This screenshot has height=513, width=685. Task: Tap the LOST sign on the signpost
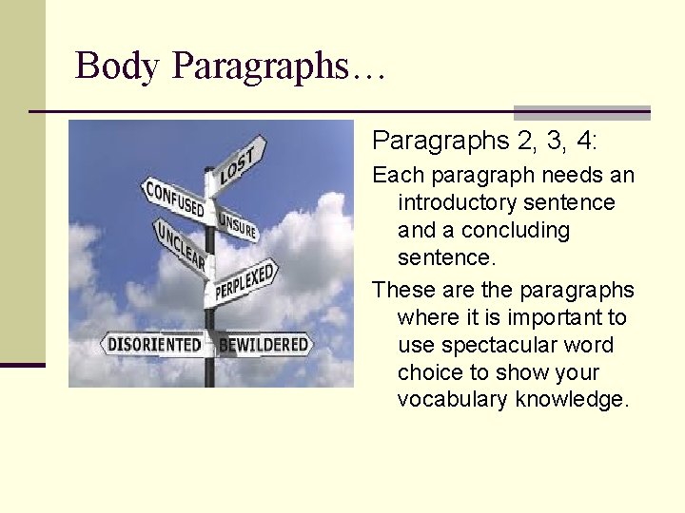[238, 165]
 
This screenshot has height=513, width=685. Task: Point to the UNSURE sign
[238, 224]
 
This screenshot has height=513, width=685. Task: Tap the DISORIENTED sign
[153, 344]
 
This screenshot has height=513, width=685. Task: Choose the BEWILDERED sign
[264, 344]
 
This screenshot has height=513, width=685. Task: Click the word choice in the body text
[430, 371]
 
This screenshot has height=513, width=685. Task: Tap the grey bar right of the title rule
[581, 111]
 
